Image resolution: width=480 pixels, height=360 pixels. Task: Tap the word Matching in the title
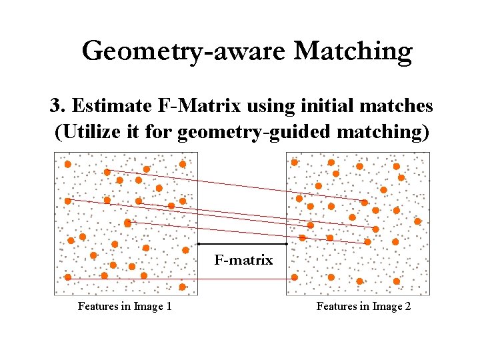coord(353,51)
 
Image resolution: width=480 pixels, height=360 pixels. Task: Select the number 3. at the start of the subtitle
coord(57,106)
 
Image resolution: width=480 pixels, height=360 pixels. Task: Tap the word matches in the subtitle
coord(397,106)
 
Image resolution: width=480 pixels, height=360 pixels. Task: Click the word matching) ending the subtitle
coord(382,132)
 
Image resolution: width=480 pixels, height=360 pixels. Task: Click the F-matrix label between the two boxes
coord(243,260)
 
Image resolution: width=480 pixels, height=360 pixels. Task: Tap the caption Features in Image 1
coord(125,307)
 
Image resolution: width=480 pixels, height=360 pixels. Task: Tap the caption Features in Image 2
coord(363,307)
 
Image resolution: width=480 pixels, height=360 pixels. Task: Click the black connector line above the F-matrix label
coord(243,244)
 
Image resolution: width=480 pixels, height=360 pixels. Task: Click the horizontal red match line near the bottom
coord(180,279)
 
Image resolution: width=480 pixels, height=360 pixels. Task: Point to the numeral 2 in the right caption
coord(408,307)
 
